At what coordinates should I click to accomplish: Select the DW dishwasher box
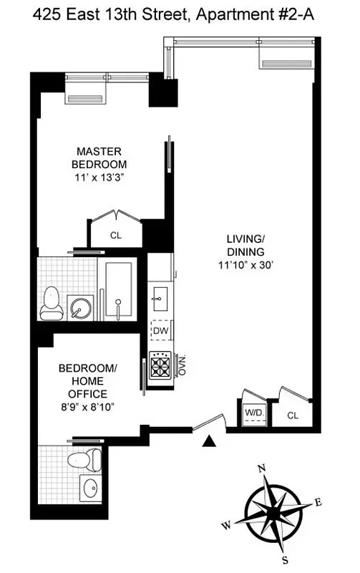160,332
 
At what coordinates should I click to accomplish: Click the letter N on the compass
262,469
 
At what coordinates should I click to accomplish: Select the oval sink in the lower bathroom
90,489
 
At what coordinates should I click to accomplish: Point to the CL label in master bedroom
115,234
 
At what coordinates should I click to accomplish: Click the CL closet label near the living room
293,415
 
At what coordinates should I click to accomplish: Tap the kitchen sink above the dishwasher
160,294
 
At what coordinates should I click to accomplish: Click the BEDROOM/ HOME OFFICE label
83,381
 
